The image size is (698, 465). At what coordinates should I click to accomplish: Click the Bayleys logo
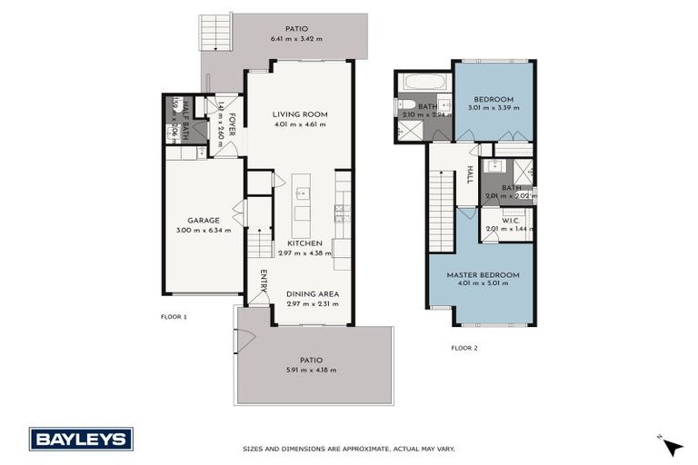(x=81, y=439)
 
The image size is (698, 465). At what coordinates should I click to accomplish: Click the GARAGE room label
(x=203, y=220)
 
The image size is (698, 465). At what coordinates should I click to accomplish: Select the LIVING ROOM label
(x=300, y=114)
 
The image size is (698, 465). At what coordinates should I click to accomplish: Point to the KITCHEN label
(x=305, y=243)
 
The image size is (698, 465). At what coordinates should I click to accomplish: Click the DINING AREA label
(x=312, y=292)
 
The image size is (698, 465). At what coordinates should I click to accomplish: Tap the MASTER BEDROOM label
(x=482, y=274)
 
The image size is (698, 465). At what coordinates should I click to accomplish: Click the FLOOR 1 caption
(x=173, y=317)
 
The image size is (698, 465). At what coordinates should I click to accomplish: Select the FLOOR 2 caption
(x=464, y=348)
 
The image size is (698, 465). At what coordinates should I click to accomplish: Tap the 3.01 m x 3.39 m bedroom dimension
(x=494, y=108)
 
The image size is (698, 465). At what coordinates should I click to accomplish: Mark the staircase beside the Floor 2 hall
(x=441, y=212)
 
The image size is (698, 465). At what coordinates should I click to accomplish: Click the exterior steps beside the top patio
(x=216, y=35)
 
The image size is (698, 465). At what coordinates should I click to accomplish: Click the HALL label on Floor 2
(x=470, y=173)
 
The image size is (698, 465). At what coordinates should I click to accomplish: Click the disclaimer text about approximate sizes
(x=348, y=448)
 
